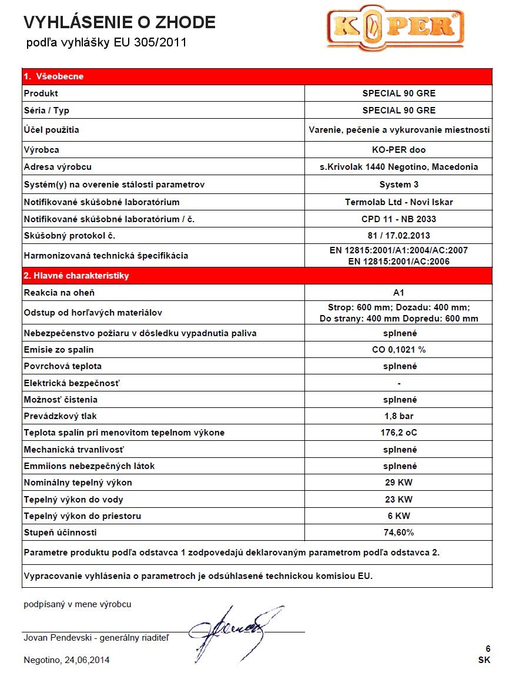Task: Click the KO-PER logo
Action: pyautogui.click(x=395, y=28)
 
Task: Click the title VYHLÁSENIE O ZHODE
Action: pyautogui.click(x=119, y=22)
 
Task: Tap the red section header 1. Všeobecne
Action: pyautogui.click(x=54, y=76)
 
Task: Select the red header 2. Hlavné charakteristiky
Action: pyautogui.click(x=76, y=275)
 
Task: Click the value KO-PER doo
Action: pyautogui.click(x=398, y=150)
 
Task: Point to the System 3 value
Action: pyautogui.click(x=398, y=185)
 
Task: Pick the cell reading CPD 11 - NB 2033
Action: pyautogui.click(x=398, y=219)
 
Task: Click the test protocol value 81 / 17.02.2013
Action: pyautogui.click(x=398, y=235)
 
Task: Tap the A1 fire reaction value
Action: pyautogui.click(x=398, y=292)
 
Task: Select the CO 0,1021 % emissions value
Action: pyautogui.click(x=398, y=350)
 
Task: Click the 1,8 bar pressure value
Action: pyautogui.click(x=398, y=416)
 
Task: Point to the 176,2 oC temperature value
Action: pyautogui.click(x=398, y=433)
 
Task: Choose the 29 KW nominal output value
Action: pyautogui.click(x=398, y=483)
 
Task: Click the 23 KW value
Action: pyautogui.click(x=398, y=500)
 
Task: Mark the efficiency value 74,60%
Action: pyautogui.click(x=398, y=533)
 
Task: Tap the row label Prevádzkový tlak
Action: pyautogui.click(x=60, y=416)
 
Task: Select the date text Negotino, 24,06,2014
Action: pyautogui.click(x=66, y=659)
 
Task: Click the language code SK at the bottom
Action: pyautogui.click(x=484, y=659)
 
